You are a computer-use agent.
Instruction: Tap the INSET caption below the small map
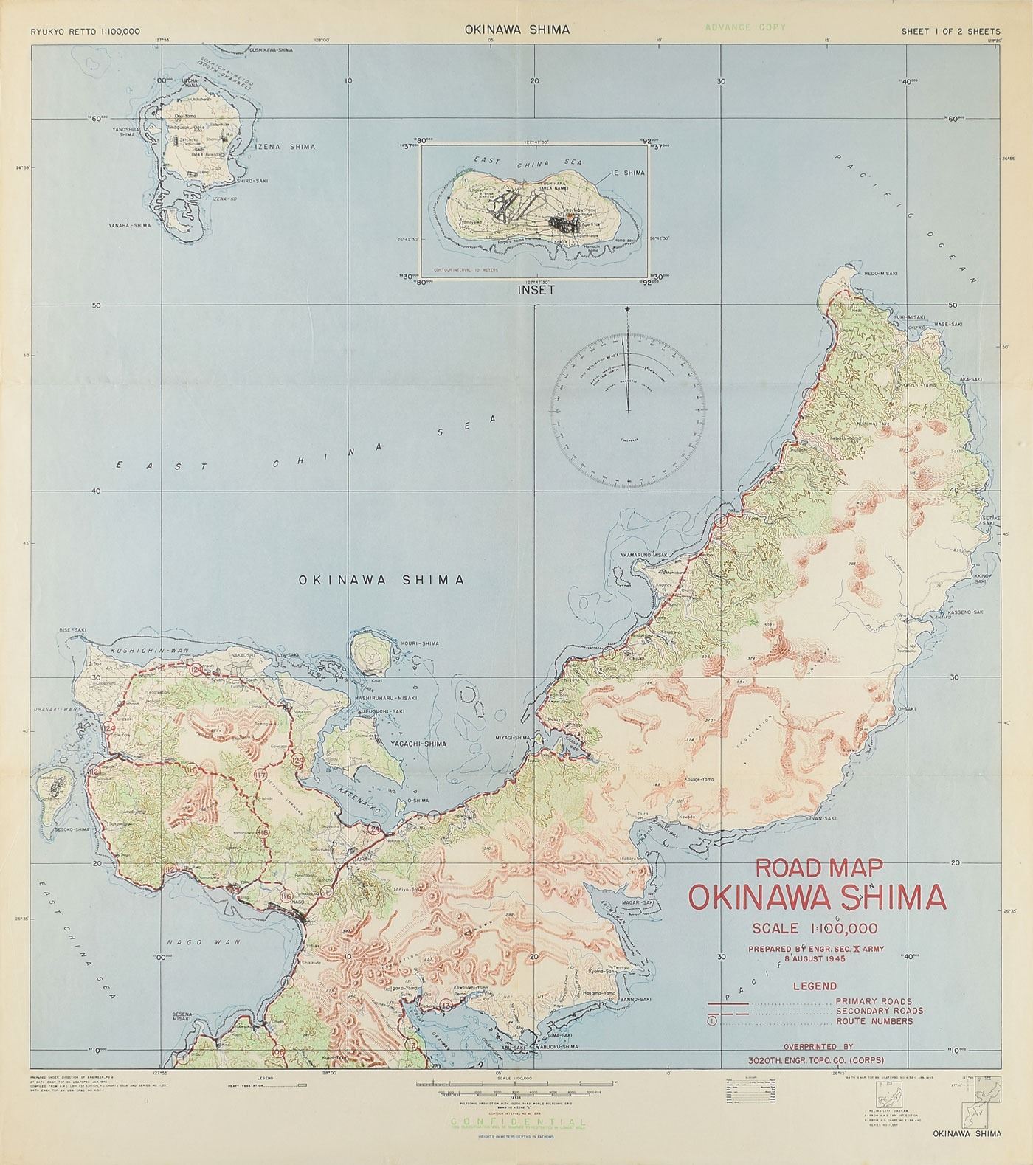tap(536, 290)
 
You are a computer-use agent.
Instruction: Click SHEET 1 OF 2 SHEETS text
tap(950, 31)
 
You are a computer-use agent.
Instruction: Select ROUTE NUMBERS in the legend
tap(874, 1021)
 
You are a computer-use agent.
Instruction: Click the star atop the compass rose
tap(627, 308)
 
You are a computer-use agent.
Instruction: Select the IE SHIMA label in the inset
tap(628, 173)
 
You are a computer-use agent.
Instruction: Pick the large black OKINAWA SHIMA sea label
tap(381, 580)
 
